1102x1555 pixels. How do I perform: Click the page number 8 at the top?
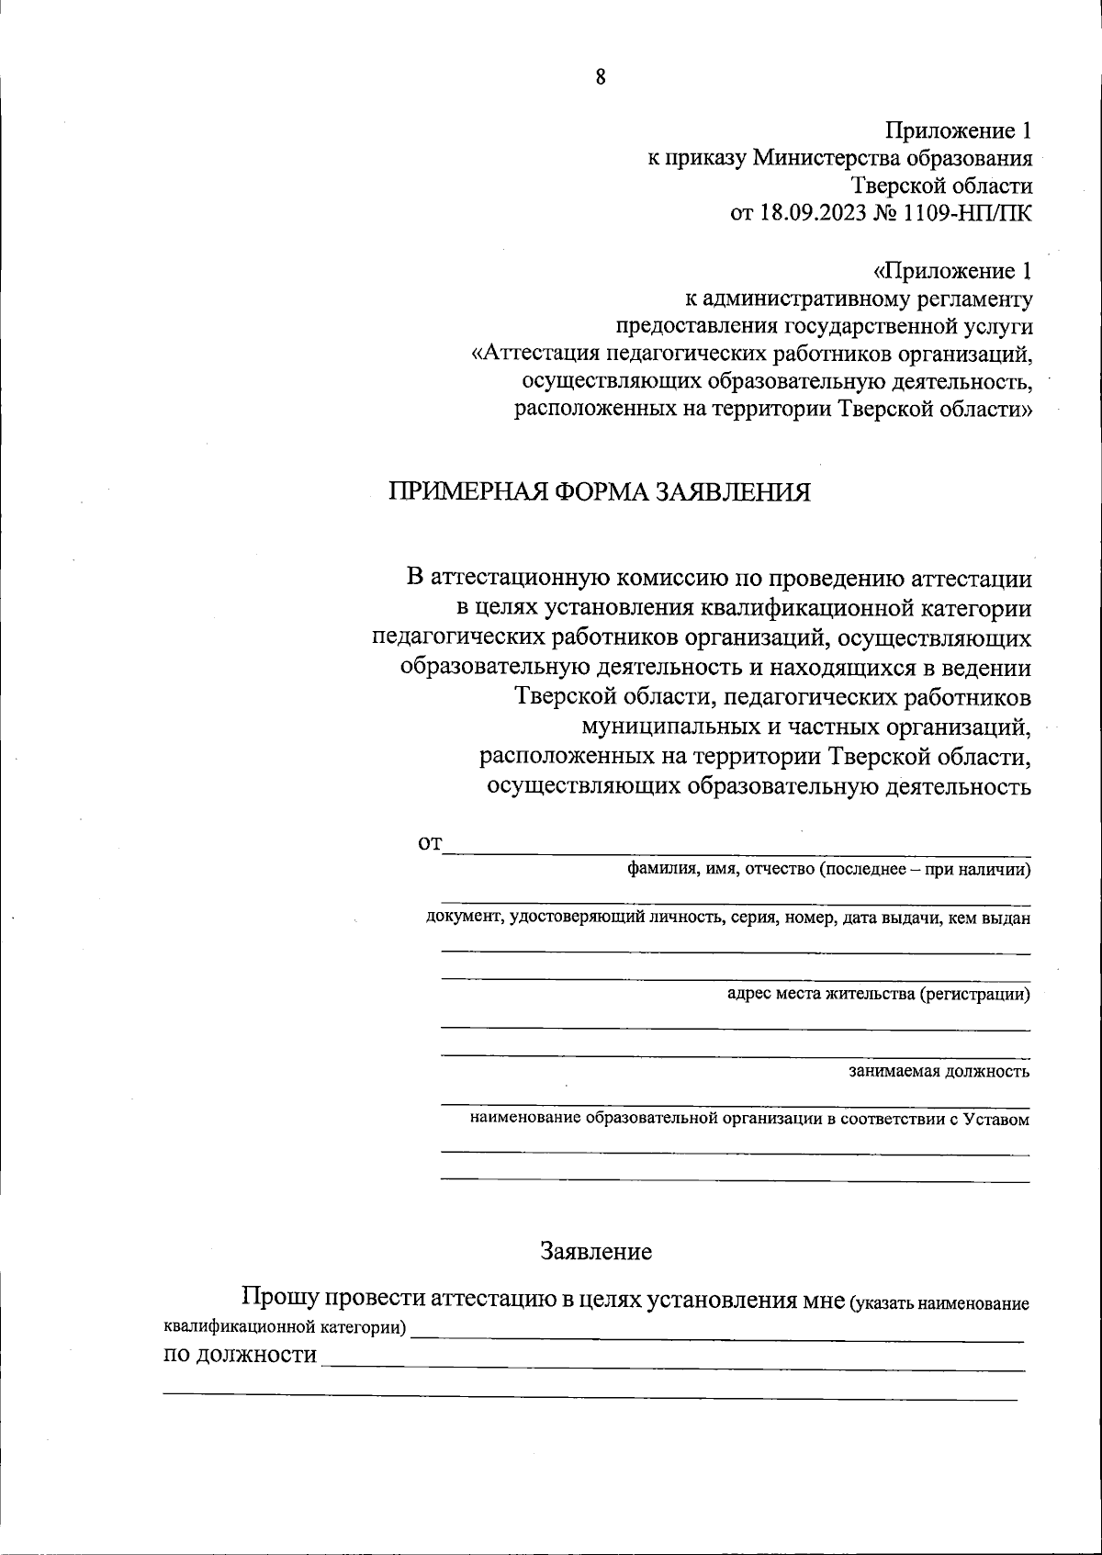click(x=601, y=77)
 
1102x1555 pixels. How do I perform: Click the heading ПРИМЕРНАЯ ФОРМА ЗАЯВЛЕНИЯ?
click(x=600, y=492)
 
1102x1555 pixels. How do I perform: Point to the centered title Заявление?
click(x=597, y=1250)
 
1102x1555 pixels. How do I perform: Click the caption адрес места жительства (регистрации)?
click(x=878, y=993)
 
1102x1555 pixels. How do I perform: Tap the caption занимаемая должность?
click(x=939, y=1071)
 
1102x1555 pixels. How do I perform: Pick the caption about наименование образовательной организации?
click(x=749, y=1119)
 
